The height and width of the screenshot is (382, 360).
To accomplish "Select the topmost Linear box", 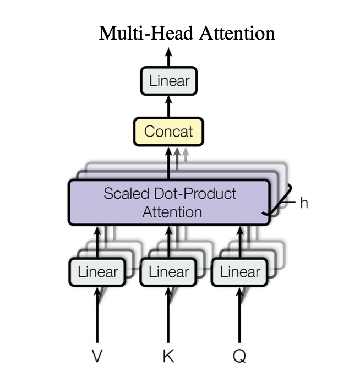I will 169,81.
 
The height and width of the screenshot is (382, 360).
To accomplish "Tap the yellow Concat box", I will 168,132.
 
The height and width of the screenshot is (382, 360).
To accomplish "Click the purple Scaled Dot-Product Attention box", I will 168,202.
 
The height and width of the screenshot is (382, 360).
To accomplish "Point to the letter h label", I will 304,203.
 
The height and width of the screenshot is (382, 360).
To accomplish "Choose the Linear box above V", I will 98,272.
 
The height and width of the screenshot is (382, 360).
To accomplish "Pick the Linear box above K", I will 168,272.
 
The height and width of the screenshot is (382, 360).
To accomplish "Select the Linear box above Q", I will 239,272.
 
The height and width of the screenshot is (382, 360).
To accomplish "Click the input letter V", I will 97,356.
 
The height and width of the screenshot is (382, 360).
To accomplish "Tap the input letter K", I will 168,356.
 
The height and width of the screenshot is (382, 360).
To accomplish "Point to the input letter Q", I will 239,356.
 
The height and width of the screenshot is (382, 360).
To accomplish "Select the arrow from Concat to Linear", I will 169,106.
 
